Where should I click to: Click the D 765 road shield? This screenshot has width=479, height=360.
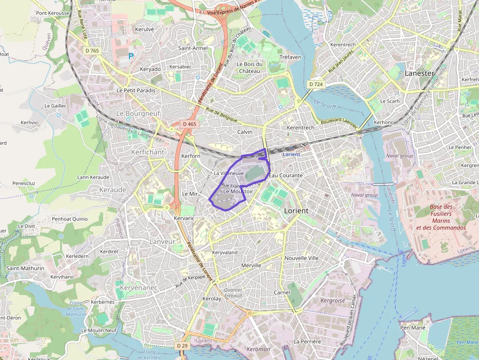[91, 50]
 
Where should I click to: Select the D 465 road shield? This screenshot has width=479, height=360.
[189, 124]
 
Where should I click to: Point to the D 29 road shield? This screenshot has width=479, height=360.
[182, 346]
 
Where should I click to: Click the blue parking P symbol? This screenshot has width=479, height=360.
[131, 57]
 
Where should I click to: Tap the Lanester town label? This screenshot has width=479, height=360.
[419, 73]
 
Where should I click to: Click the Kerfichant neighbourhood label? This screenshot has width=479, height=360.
[148, 152]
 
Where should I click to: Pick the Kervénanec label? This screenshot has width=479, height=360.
[139, 288]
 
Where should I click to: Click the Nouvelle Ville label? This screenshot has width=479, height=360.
[302, 257]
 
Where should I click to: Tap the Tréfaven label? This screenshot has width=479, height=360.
[290, 57]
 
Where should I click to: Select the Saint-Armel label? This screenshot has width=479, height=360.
[193, 48]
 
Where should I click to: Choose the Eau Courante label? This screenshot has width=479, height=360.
[286, 175]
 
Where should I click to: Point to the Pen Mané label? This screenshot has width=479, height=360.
[412, 328]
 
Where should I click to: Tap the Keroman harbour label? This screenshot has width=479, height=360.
[258, 349]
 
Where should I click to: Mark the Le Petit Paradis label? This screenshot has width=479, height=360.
[136, 90]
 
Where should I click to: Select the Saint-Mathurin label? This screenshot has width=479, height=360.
[25, 268]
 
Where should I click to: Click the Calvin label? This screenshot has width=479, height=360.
[245, 132]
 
